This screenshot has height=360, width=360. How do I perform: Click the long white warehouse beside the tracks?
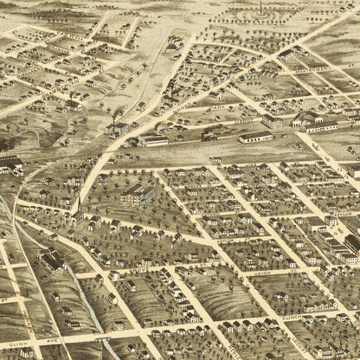click(254, 135)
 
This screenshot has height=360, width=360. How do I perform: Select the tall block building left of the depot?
click(273, 120)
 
